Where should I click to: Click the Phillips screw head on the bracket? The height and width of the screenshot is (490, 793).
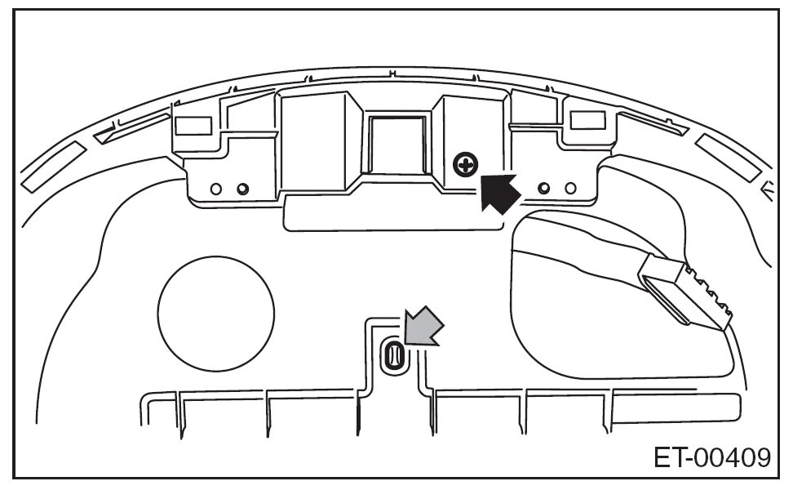coord(465,167)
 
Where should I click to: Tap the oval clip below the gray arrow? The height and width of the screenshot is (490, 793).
coord(393,356)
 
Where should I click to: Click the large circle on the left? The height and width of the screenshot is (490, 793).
coord(215,314)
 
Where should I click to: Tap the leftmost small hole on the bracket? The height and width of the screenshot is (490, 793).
coord(216,189)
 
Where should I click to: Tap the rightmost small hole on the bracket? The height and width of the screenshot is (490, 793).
coord(570,189)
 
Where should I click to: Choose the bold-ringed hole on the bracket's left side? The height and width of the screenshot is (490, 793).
coord(242,189)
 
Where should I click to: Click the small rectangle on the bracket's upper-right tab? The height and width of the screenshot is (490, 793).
coord(586,121)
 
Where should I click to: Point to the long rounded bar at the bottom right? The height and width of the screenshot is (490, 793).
coord(677,408)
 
